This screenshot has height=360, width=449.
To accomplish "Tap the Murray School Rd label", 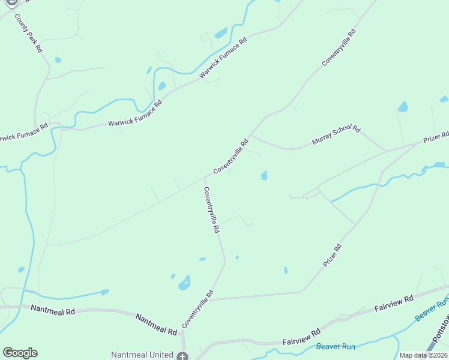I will [x=336, y=136].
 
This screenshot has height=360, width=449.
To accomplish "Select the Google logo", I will [x=20, y=353].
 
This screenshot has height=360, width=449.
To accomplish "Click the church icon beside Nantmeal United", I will [x=182, y=356].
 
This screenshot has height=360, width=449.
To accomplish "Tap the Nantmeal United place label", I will [x=142, y=355].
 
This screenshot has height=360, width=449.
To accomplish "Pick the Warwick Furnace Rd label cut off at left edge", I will [x=23, y=133].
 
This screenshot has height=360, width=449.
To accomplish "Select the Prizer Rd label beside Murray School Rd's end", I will [x=436, y=137].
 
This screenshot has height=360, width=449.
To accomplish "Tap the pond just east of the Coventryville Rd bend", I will [x=264, y=175].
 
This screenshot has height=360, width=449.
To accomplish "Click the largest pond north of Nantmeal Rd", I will [x=184, y=283].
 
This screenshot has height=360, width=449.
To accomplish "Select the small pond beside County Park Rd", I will [x=58, y=60].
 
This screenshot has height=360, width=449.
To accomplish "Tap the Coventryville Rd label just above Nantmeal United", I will [x=197, y=309].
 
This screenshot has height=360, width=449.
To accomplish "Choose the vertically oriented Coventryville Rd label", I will [x=211, y=210].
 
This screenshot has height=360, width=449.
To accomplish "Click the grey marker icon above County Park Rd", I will [x=13, y=3].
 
